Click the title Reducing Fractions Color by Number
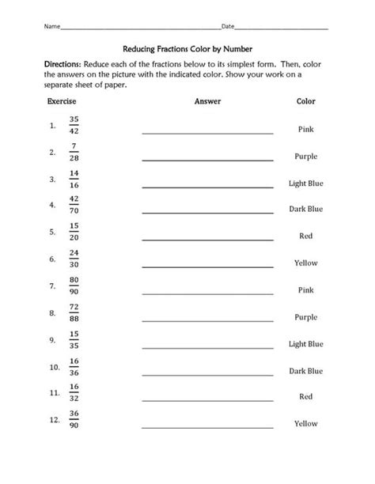click(187, 47)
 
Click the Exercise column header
click(61, 102)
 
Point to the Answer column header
click(207, 102)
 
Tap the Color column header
click(305, 102)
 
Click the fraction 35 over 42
click(74, 125)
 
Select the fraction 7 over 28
click(74, 152)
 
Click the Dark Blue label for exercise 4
click(305, 209)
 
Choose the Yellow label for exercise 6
click(305, 263)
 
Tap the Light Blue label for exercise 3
click(305, 183)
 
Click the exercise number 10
click(53, 368)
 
